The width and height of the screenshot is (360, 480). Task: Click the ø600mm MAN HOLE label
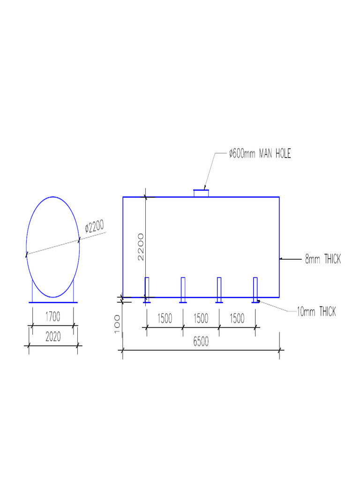260,154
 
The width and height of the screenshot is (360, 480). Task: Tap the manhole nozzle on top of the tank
201,193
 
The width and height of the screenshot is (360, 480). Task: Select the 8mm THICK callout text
323,259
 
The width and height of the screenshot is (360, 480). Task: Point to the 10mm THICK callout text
316,312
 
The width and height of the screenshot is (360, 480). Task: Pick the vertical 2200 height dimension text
141,246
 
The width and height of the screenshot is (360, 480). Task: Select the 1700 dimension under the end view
52,317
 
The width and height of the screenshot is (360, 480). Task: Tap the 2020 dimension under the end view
52,337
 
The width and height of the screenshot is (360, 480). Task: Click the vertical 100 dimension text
117,324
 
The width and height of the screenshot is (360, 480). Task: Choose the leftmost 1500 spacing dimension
164,318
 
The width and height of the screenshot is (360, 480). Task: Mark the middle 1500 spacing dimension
201,318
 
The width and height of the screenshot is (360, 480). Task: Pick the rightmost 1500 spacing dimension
237,318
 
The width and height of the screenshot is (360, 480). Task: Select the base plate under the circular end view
53,302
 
